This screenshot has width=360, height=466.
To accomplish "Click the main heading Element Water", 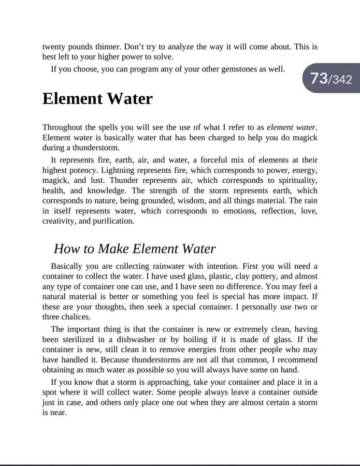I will (97, 98).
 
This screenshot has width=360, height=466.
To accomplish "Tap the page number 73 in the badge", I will (319, 79).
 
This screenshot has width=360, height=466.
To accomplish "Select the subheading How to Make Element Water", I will (134, 249).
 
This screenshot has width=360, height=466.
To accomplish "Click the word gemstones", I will (237, 68).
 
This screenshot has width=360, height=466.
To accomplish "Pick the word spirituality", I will (295, 180).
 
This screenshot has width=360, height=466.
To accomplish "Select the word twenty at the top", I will (54, 47).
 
